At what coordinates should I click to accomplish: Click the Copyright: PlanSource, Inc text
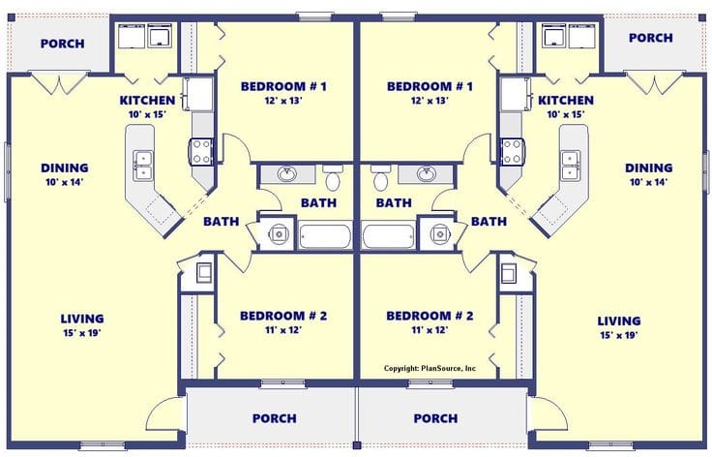[430, 368]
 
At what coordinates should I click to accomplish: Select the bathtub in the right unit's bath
[389, 235]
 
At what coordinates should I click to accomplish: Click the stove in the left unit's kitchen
[202, 151]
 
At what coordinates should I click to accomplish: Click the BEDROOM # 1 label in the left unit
[283, 87]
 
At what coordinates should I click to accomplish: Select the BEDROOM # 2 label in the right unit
[430, 317]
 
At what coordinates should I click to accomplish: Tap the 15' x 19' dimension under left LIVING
[82, 333]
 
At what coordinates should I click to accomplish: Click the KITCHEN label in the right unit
[566, 101]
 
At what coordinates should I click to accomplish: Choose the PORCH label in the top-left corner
[62, 44]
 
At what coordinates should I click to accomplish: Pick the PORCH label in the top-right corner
[651, 38]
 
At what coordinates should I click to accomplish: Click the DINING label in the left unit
[65, 168]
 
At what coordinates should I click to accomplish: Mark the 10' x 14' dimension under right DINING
[648, 181]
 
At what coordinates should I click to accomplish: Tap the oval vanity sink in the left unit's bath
[287, 175]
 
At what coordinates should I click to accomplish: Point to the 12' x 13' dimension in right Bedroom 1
[430, 101]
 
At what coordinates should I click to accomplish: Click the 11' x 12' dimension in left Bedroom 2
[283, 330]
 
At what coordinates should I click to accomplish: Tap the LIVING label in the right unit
[619, 320]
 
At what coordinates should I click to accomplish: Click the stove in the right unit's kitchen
[512, 151]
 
